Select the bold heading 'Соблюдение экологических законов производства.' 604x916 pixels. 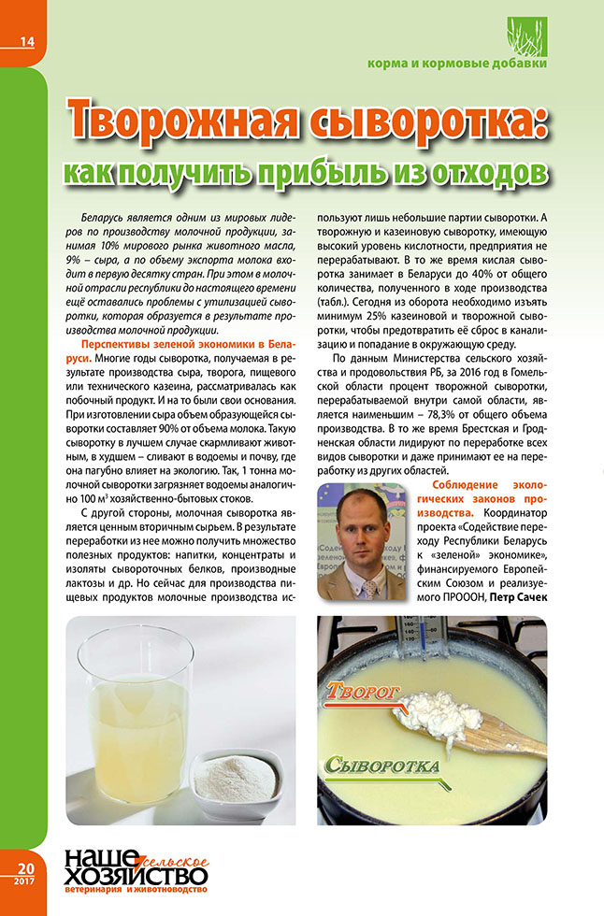click(476, 500)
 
